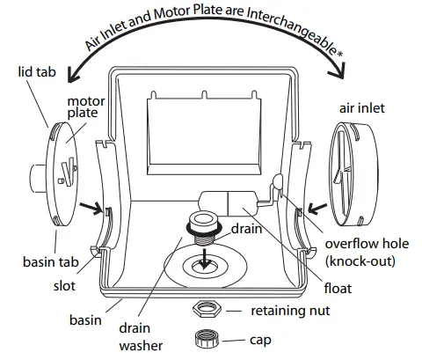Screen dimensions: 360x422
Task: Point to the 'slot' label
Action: click(62, 286)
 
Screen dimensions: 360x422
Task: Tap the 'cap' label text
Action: click(260, 339)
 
